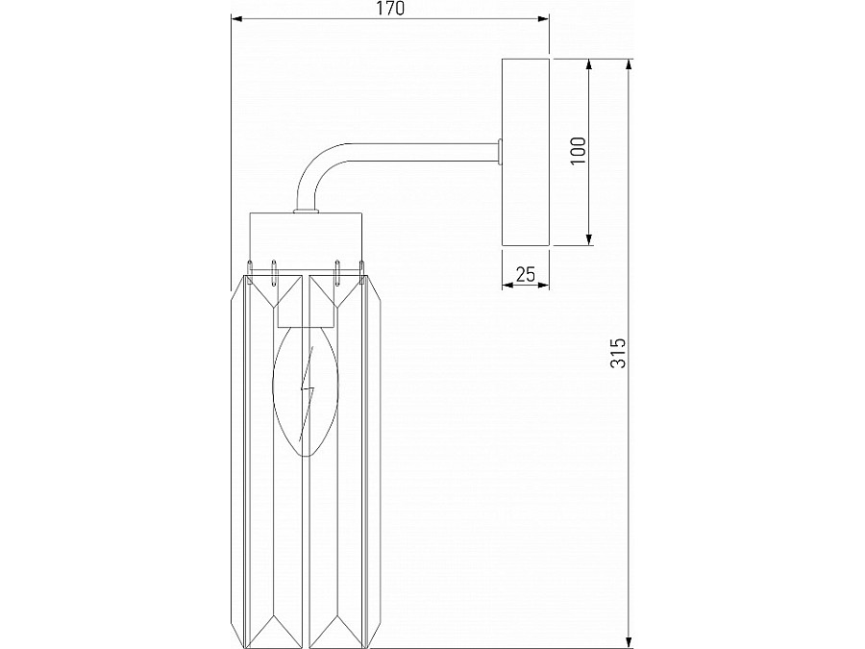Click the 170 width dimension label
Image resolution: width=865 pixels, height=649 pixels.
pyautogui.click(x=389, y=9)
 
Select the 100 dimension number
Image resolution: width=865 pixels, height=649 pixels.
pyautogui.click(x=578, y=151)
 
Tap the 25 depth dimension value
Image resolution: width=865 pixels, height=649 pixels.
pyautogui.click(x=525, y=274)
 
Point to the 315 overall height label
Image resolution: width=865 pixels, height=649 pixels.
pyautogui.click(x=619, y=353)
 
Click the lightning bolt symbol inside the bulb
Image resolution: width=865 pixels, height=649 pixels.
pyautogui.click(x=308, y=394)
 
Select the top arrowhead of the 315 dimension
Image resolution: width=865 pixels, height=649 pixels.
pyautogui.click(x=629, y=64)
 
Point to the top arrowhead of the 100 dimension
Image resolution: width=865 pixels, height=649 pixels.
pyautogui.click(x=590, y=64)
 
